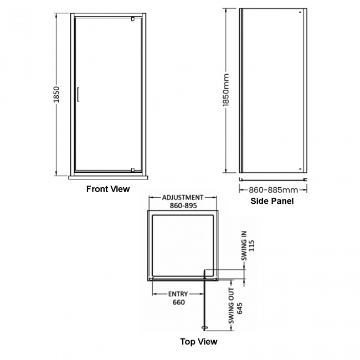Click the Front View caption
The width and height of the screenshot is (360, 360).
pos(108,189)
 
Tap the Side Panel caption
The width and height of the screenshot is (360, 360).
pos(272,201)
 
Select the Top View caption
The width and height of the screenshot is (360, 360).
pos(199,342)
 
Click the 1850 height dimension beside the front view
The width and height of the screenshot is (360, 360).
pos(57,95)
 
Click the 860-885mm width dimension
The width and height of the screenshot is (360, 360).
pos(273,189)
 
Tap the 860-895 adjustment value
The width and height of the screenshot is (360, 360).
pos(183,205)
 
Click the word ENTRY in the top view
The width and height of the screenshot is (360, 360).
pos(178,294)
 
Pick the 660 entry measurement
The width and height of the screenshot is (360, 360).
pos(178,302)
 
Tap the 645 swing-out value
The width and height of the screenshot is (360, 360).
pos(240,304)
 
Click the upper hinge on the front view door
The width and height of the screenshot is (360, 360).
pos(133,20)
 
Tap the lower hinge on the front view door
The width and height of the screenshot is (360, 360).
pos(133,169)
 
